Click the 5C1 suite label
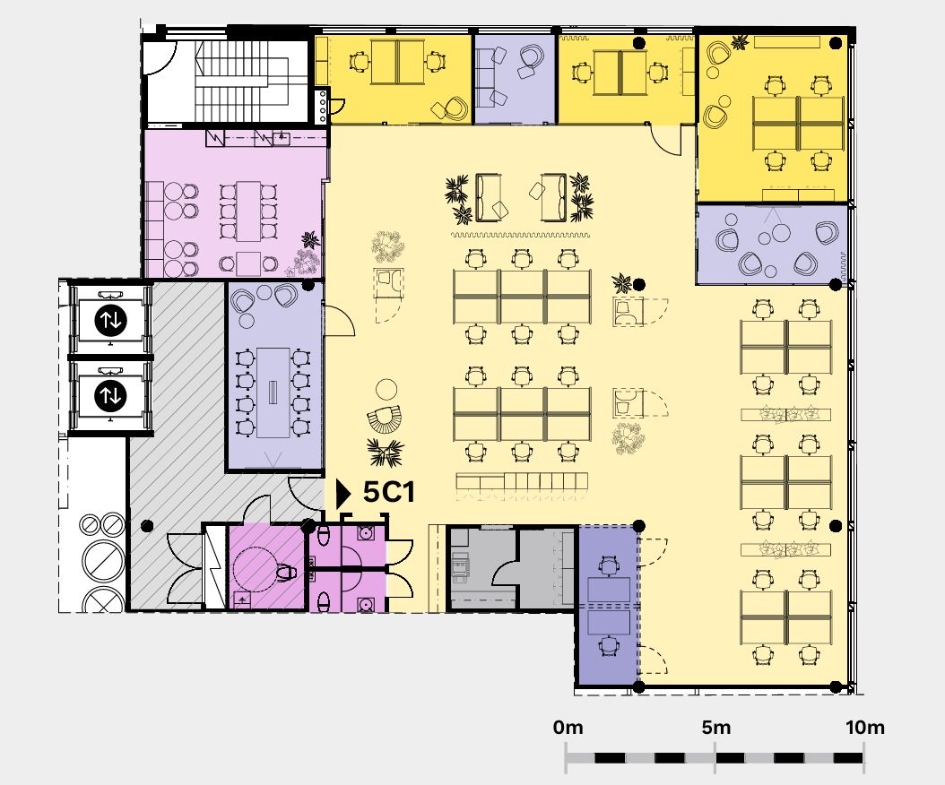(389, 492)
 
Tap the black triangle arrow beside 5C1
(342, 494)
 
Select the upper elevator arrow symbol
(110, 320)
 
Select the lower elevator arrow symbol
(110, 396)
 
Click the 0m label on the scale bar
(568, 727)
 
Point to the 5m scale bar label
(716, 727)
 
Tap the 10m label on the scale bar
(865, 727)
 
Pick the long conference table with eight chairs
(273, 392)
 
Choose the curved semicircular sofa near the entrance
(384, 419)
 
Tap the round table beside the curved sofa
(386, 389)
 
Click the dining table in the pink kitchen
(247, 211)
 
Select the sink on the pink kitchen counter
(281, 139)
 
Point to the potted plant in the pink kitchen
(310, 240)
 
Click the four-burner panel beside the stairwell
(323, 106)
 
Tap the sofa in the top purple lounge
(483, 78)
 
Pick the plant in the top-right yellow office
(740, 42)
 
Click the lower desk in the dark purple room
(609, 623)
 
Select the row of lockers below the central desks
(522, 481)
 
